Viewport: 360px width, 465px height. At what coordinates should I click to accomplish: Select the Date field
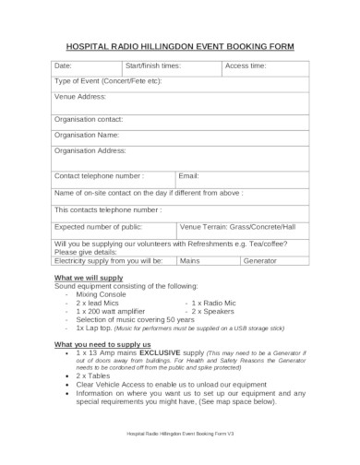pyautogui.click(x=85, y=66)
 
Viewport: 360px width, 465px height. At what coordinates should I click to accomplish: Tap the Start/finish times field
pyautogui.click(x=173, y=66)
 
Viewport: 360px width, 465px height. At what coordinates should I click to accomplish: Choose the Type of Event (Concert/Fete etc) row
pyautogui.click(x=180, y=81)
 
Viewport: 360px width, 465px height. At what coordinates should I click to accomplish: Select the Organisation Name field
pyautogui.click(x=180, y=135)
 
